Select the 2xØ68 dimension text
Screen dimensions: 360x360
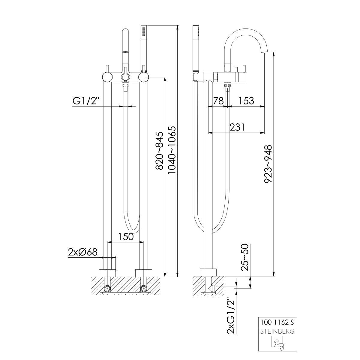click(x=83, y=252)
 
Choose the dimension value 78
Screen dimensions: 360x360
click(x=218, y=101)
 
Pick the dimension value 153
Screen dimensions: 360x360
click(x=246, y=101)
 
